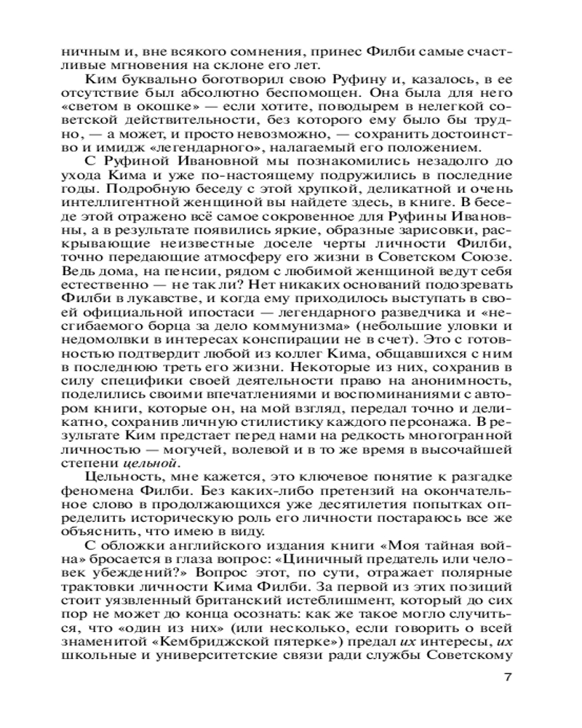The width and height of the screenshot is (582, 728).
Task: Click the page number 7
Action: [509, 678]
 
